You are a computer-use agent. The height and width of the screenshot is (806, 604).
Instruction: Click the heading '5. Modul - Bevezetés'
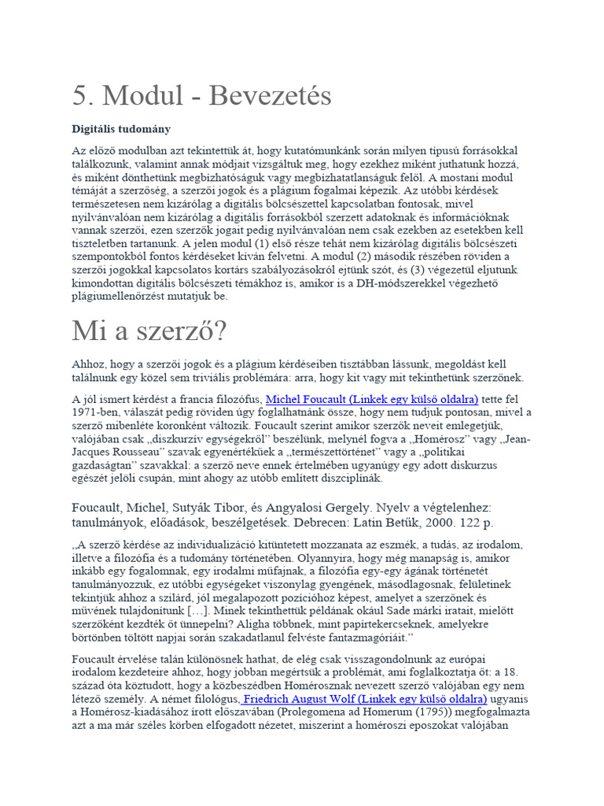(x=201, y=97)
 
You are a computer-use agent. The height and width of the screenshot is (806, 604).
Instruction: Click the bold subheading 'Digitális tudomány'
(x=121, y=128)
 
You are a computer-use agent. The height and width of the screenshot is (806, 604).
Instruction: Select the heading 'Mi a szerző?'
(x=149, y=331)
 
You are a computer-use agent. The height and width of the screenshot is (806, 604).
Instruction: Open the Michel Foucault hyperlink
(x=372, y=399)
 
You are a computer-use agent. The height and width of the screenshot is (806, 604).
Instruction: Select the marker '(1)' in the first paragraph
(x=237, y=244)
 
